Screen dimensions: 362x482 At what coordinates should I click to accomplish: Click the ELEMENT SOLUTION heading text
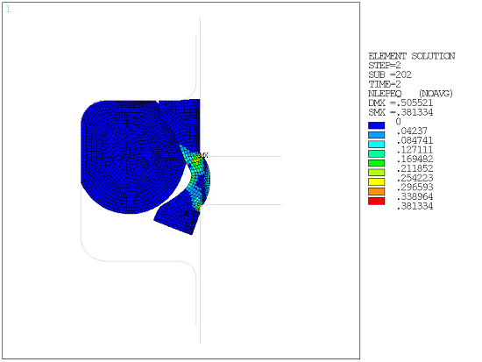(411, 55)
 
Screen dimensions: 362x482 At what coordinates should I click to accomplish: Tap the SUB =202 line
(389, 75)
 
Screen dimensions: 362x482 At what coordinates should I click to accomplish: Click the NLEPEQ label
(384, 93)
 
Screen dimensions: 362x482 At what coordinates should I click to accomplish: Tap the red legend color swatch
(377, 200)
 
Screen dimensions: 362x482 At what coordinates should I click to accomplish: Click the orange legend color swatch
(377, 190)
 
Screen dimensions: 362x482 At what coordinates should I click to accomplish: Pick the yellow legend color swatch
(377, 181)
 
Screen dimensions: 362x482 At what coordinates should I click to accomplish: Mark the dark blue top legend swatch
(377, 125)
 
